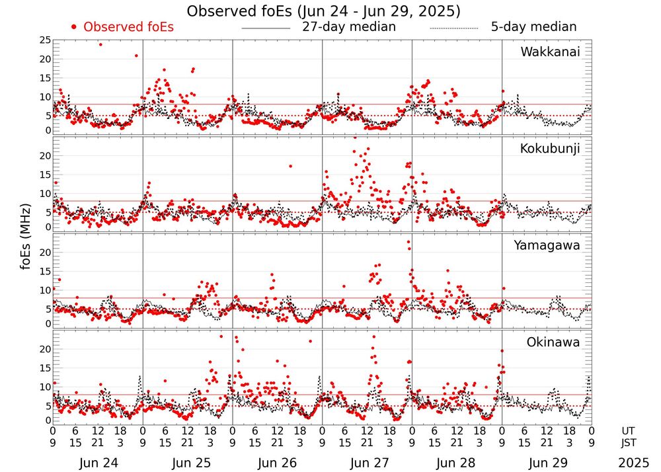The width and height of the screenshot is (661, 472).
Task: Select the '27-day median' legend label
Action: (349, 27)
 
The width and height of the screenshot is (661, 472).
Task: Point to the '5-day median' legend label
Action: (533, 27)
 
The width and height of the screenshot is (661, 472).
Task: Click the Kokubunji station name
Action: (549, 149)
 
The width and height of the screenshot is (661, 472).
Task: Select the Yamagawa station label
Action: (547, 245)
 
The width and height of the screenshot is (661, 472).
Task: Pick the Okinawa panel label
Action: (553, 342)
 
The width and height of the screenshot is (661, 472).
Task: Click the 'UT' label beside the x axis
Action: (631, 430)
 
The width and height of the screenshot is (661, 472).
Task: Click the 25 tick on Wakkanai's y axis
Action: (45, 41)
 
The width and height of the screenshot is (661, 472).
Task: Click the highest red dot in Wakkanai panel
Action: (100, 44)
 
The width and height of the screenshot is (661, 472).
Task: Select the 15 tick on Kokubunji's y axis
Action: (45, 175)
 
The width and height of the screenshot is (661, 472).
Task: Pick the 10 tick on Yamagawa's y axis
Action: (45, 290)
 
